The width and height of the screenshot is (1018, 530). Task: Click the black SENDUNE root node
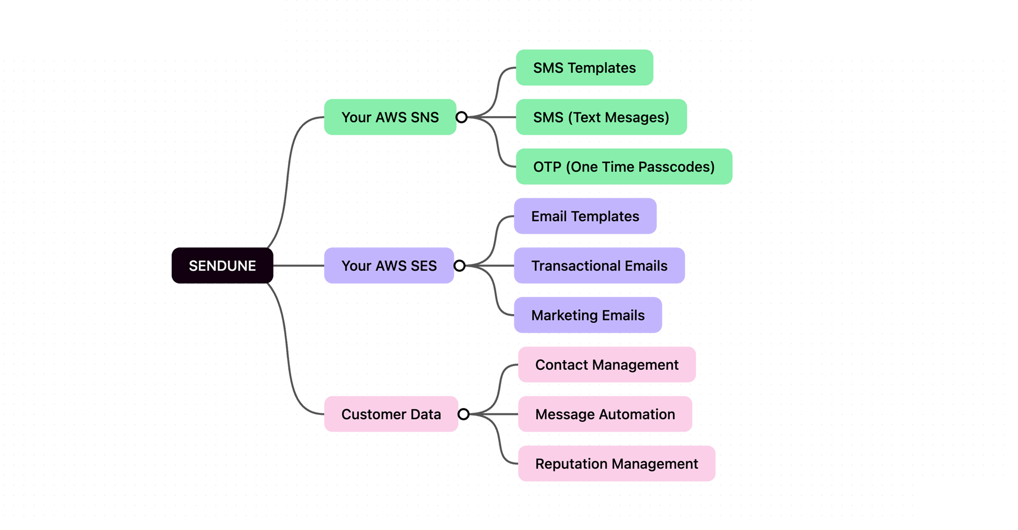click(x=222, y=266)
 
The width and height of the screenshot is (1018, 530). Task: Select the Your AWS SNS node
click(x=390, y=117)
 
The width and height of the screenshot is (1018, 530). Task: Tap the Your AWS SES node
click(x=389, y=266)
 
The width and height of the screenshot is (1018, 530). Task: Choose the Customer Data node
click(x=391, y=414)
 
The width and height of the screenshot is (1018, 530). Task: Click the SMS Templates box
click(x=584, y=68)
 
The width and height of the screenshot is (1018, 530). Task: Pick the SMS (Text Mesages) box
click(x=601, y=117)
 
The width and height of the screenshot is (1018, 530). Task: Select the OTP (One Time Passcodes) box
click(x=624, y=167)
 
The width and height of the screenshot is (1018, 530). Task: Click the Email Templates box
click(x=585, y=216)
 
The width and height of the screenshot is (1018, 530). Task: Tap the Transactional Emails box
click(x=599, y=266)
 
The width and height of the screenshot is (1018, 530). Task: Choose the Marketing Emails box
click(x=587, y=316)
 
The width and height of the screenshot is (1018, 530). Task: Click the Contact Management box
click(x=607, y=365)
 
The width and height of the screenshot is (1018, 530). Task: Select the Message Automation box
click(x=605, y=414)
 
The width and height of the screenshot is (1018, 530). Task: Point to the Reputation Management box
click(x=616, y=464)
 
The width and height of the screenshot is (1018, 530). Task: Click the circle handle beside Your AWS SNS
click(x=461, y=117)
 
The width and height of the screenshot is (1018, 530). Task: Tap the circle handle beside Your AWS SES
click(x=460, y=266)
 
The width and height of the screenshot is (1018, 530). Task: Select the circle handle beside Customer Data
click(x=463, y=414)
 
